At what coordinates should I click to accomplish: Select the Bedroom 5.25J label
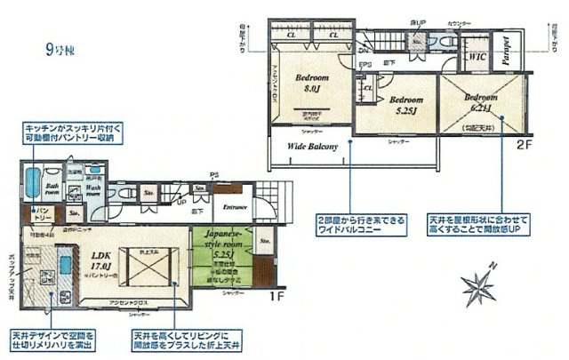(408, 106)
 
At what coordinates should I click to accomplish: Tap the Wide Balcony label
(312, 148)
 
